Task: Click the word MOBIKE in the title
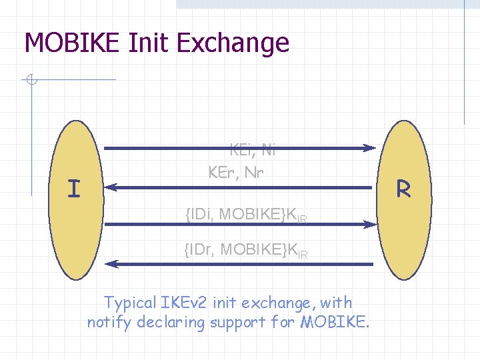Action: [72, 43]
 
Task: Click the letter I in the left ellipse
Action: [74, 189]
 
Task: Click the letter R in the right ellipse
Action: [403, 189]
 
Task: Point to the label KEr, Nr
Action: [236, 173]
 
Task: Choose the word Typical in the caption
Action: [131, 303]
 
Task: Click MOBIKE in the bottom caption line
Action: [334, 323]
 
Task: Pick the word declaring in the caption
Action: [171, 323]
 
